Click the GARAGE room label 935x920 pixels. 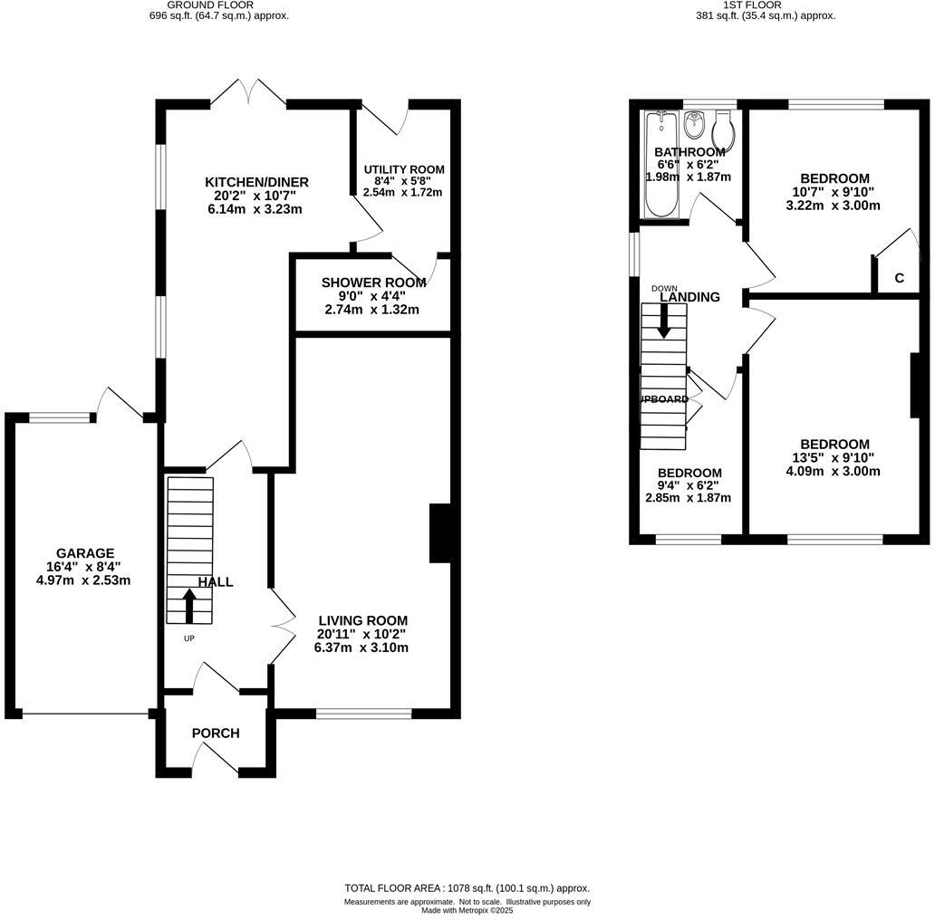[x=85, y=553]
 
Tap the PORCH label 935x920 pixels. [x=216, y=733]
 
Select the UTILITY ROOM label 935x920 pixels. [x=404, y=169]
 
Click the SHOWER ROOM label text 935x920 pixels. [x=373, y=283]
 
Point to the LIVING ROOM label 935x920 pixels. [x=361, y=620]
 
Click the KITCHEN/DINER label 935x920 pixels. [x=256, y=182]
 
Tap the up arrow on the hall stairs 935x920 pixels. [x=189, y=606]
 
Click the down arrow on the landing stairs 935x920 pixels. [x=664, y=321]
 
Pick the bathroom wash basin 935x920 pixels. [x=695, y=120]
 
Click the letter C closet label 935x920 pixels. [x=899, y=278]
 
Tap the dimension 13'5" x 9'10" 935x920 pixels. [x=834, y=457]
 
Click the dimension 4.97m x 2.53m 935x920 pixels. [x=85, y=580]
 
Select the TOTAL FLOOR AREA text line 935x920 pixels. [x=467, y=888]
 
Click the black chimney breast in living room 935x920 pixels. [x=440, y=533]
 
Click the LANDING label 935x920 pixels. [x=689, y=297]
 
